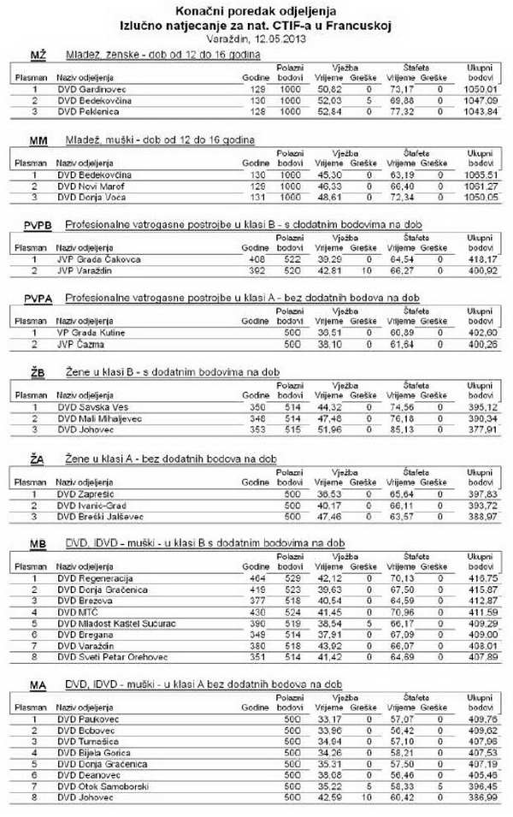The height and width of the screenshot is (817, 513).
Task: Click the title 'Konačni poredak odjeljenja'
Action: pos(256,11)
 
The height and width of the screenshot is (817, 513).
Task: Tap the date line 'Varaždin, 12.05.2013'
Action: pos(256,38)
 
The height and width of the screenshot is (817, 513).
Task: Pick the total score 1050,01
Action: pos(480,88)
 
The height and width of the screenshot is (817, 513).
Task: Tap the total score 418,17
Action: pos(480,258)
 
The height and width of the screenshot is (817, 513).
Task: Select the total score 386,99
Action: pos(480,796)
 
